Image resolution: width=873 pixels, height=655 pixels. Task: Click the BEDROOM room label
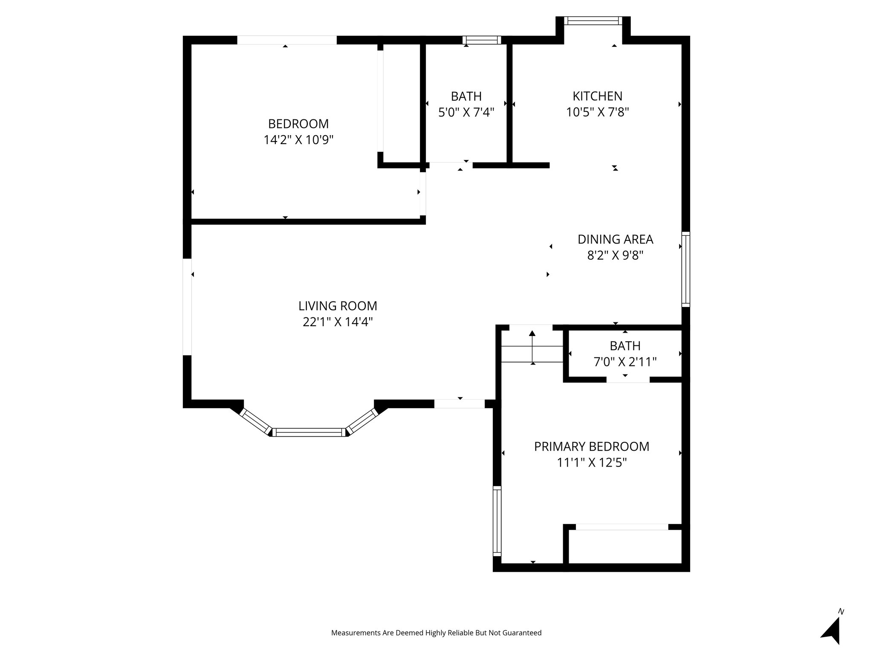(298, 124)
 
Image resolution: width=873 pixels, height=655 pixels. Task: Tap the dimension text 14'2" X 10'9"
(298, 140)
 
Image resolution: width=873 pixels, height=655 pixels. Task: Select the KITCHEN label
(597, 96)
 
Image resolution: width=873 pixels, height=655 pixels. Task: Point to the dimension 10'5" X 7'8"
(597, 112)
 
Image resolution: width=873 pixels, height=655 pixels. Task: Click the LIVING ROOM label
(338, 306)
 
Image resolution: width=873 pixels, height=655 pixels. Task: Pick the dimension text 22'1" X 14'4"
(338, 322)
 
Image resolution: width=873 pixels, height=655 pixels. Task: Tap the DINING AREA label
(615, 239)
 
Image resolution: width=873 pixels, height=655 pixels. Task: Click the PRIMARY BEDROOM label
(592, 446)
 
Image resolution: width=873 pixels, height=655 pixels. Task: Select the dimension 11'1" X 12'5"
(592, 463)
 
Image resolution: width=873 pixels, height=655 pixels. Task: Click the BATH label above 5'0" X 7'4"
(466, 96)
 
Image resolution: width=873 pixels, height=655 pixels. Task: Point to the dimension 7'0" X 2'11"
(625, 362)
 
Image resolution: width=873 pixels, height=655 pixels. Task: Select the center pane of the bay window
(309, 432)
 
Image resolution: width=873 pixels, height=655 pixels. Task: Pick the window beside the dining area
(685, 269)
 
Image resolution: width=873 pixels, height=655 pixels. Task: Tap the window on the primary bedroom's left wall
(497, 521)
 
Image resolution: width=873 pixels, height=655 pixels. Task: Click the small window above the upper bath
(482, 40)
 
